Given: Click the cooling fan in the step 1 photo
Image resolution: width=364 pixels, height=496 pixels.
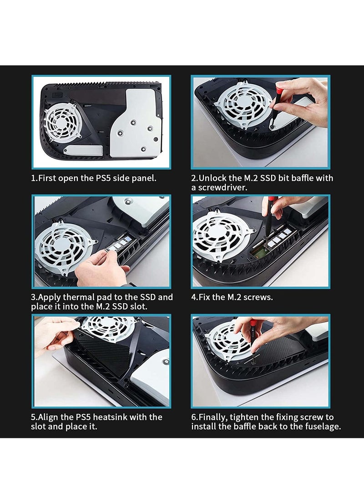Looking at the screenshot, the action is point(61,121).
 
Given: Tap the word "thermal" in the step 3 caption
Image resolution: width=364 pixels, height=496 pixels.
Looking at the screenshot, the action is point(79,297).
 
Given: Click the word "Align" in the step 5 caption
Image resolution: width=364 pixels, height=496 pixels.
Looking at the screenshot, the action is point(48,417).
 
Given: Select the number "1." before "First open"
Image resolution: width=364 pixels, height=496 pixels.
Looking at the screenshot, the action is point(34,178).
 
